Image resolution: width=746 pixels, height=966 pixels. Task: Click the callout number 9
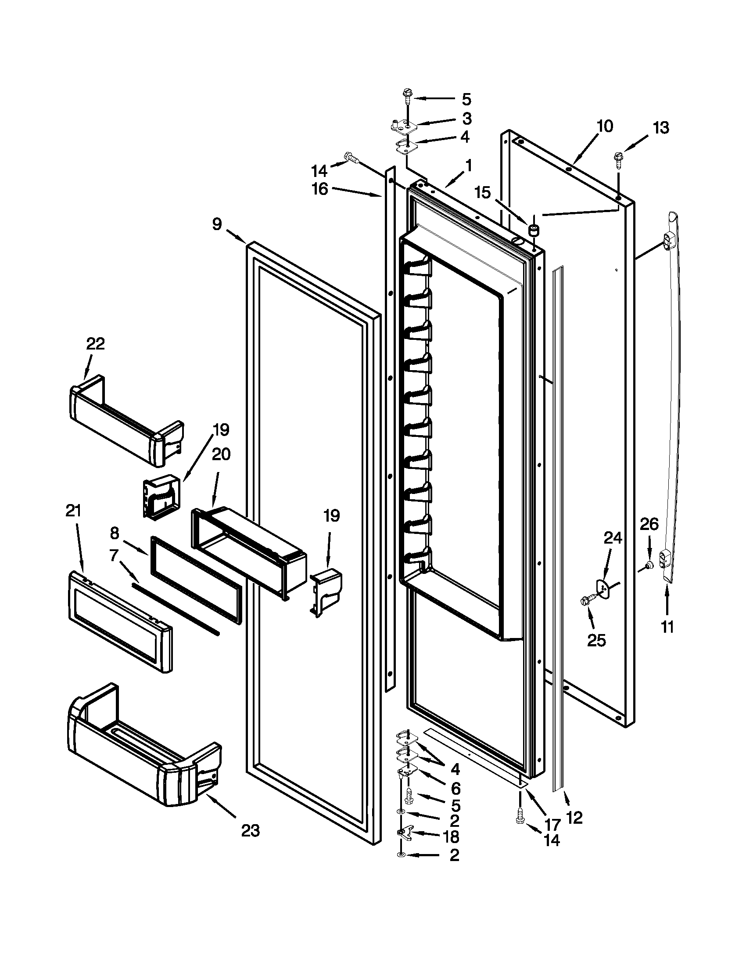(216, 225)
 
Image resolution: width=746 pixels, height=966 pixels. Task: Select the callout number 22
(96, 344)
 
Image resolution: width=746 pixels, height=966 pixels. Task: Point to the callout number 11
(667, 627)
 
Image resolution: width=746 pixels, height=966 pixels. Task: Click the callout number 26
(649, 524)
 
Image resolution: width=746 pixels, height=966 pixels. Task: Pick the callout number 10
(604, 126)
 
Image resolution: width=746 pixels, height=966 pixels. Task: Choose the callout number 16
(319, 189)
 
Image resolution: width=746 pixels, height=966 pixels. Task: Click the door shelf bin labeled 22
(126, 420)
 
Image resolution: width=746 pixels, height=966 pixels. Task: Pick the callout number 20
(221, 454)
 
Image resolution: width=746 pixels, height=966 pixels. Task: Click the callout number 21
(73, 511)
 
